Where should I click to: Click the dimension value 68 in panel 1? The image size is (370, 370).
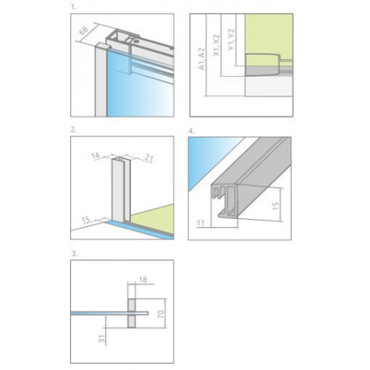click(84, 30)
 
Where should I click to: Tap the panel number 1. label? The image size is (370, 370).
click(74, 7)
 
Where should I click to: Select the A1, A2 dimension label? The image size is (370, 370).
click(201, 59)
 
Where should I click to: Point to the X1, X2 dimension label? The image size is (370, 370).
click(217, 45)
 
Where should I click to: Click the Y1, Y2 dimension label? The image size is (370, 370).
click(231, 40)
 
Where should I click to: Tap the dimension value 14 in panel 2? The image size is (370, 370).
click(95, 155)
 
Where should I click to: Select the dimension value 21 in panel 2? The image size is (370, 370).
click(149, 158)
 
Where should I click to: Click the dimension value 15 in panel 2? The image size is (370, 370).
click(86, 221)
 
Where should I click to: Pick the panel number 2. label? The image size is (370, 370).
click(74, 129)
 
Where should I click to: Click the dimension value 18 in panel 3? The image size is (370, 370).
click(143, 280)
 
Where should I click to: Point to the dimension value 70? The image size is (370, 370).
click(161, 314)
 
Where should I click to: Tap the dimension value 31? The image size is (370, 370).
click(102, 338)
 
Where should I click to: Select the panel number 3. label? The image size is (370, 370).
click(74, 254)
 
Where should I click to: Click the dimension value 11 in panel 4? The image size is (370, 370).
click(200, 223)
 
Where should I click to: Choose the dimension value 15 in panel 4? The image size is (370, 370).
click(275, 206)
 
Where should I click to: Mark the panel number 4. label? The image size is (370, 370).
click(191, 131)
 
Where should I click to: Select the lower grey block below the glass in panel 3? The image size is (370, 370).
click(132, 322)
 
